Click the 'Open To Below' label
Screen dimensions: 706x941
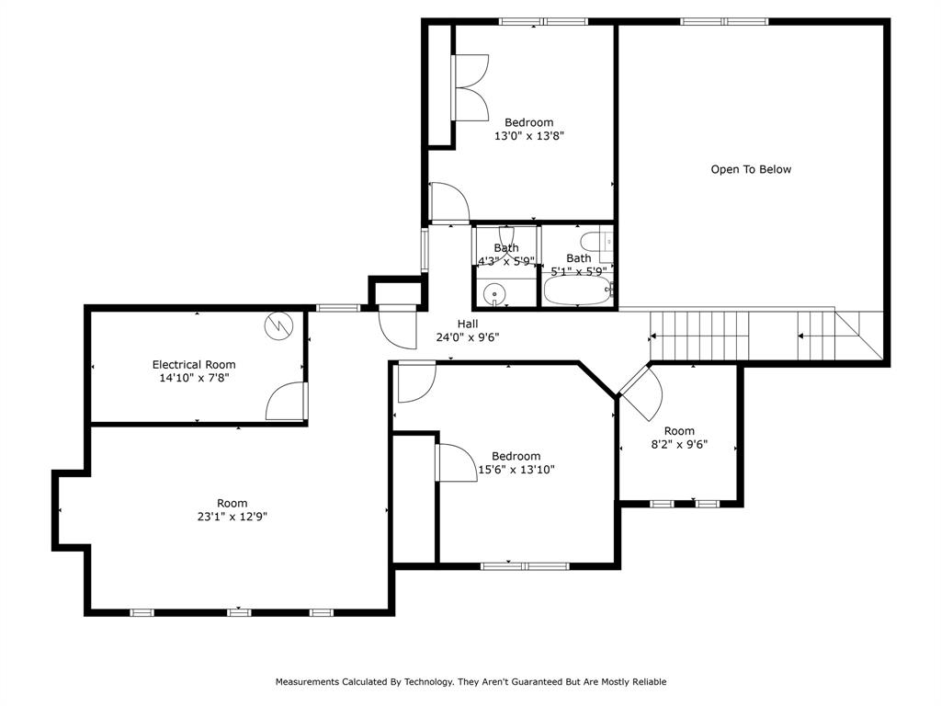pyautogui.click(x=751, y=169)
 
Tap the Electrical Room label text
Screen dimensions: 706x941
pyautogui.click(x=194, y=364)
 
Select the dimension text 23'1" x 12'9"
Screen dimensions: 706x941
pyautogui.click(x=232, y=517)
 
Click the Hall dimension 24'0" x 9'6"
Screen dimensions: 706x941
pyautogui.click(x=468, y=336)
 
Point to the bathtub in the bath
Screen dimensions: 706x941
pyautogui.click(x=576, y=291)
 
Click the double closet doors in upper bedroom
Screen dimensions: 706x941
pyautogui.click(x=470, y=86)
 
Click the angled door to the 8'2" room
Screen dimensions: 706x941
pyautogui.click(x=641, y=391)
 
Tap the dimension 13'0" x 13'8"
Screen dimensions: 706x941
pyautogui.click(x=528, y=136)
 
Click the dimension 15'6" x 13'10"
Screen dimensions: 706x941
pyautogui.click(x=516, y=470)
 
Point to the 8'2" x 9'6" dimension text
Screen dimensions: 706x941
pyautogui.click(x=679, y=445)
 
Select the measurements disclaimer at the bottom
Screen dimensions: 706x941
pyautogui.click(x=470, y=682)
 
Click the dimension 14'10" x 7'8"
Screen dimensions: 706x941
pyautogui.click(x=194, y=377)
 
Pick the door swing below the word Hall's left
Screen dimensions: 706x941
pyautogui.click(x=397, y=326)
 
